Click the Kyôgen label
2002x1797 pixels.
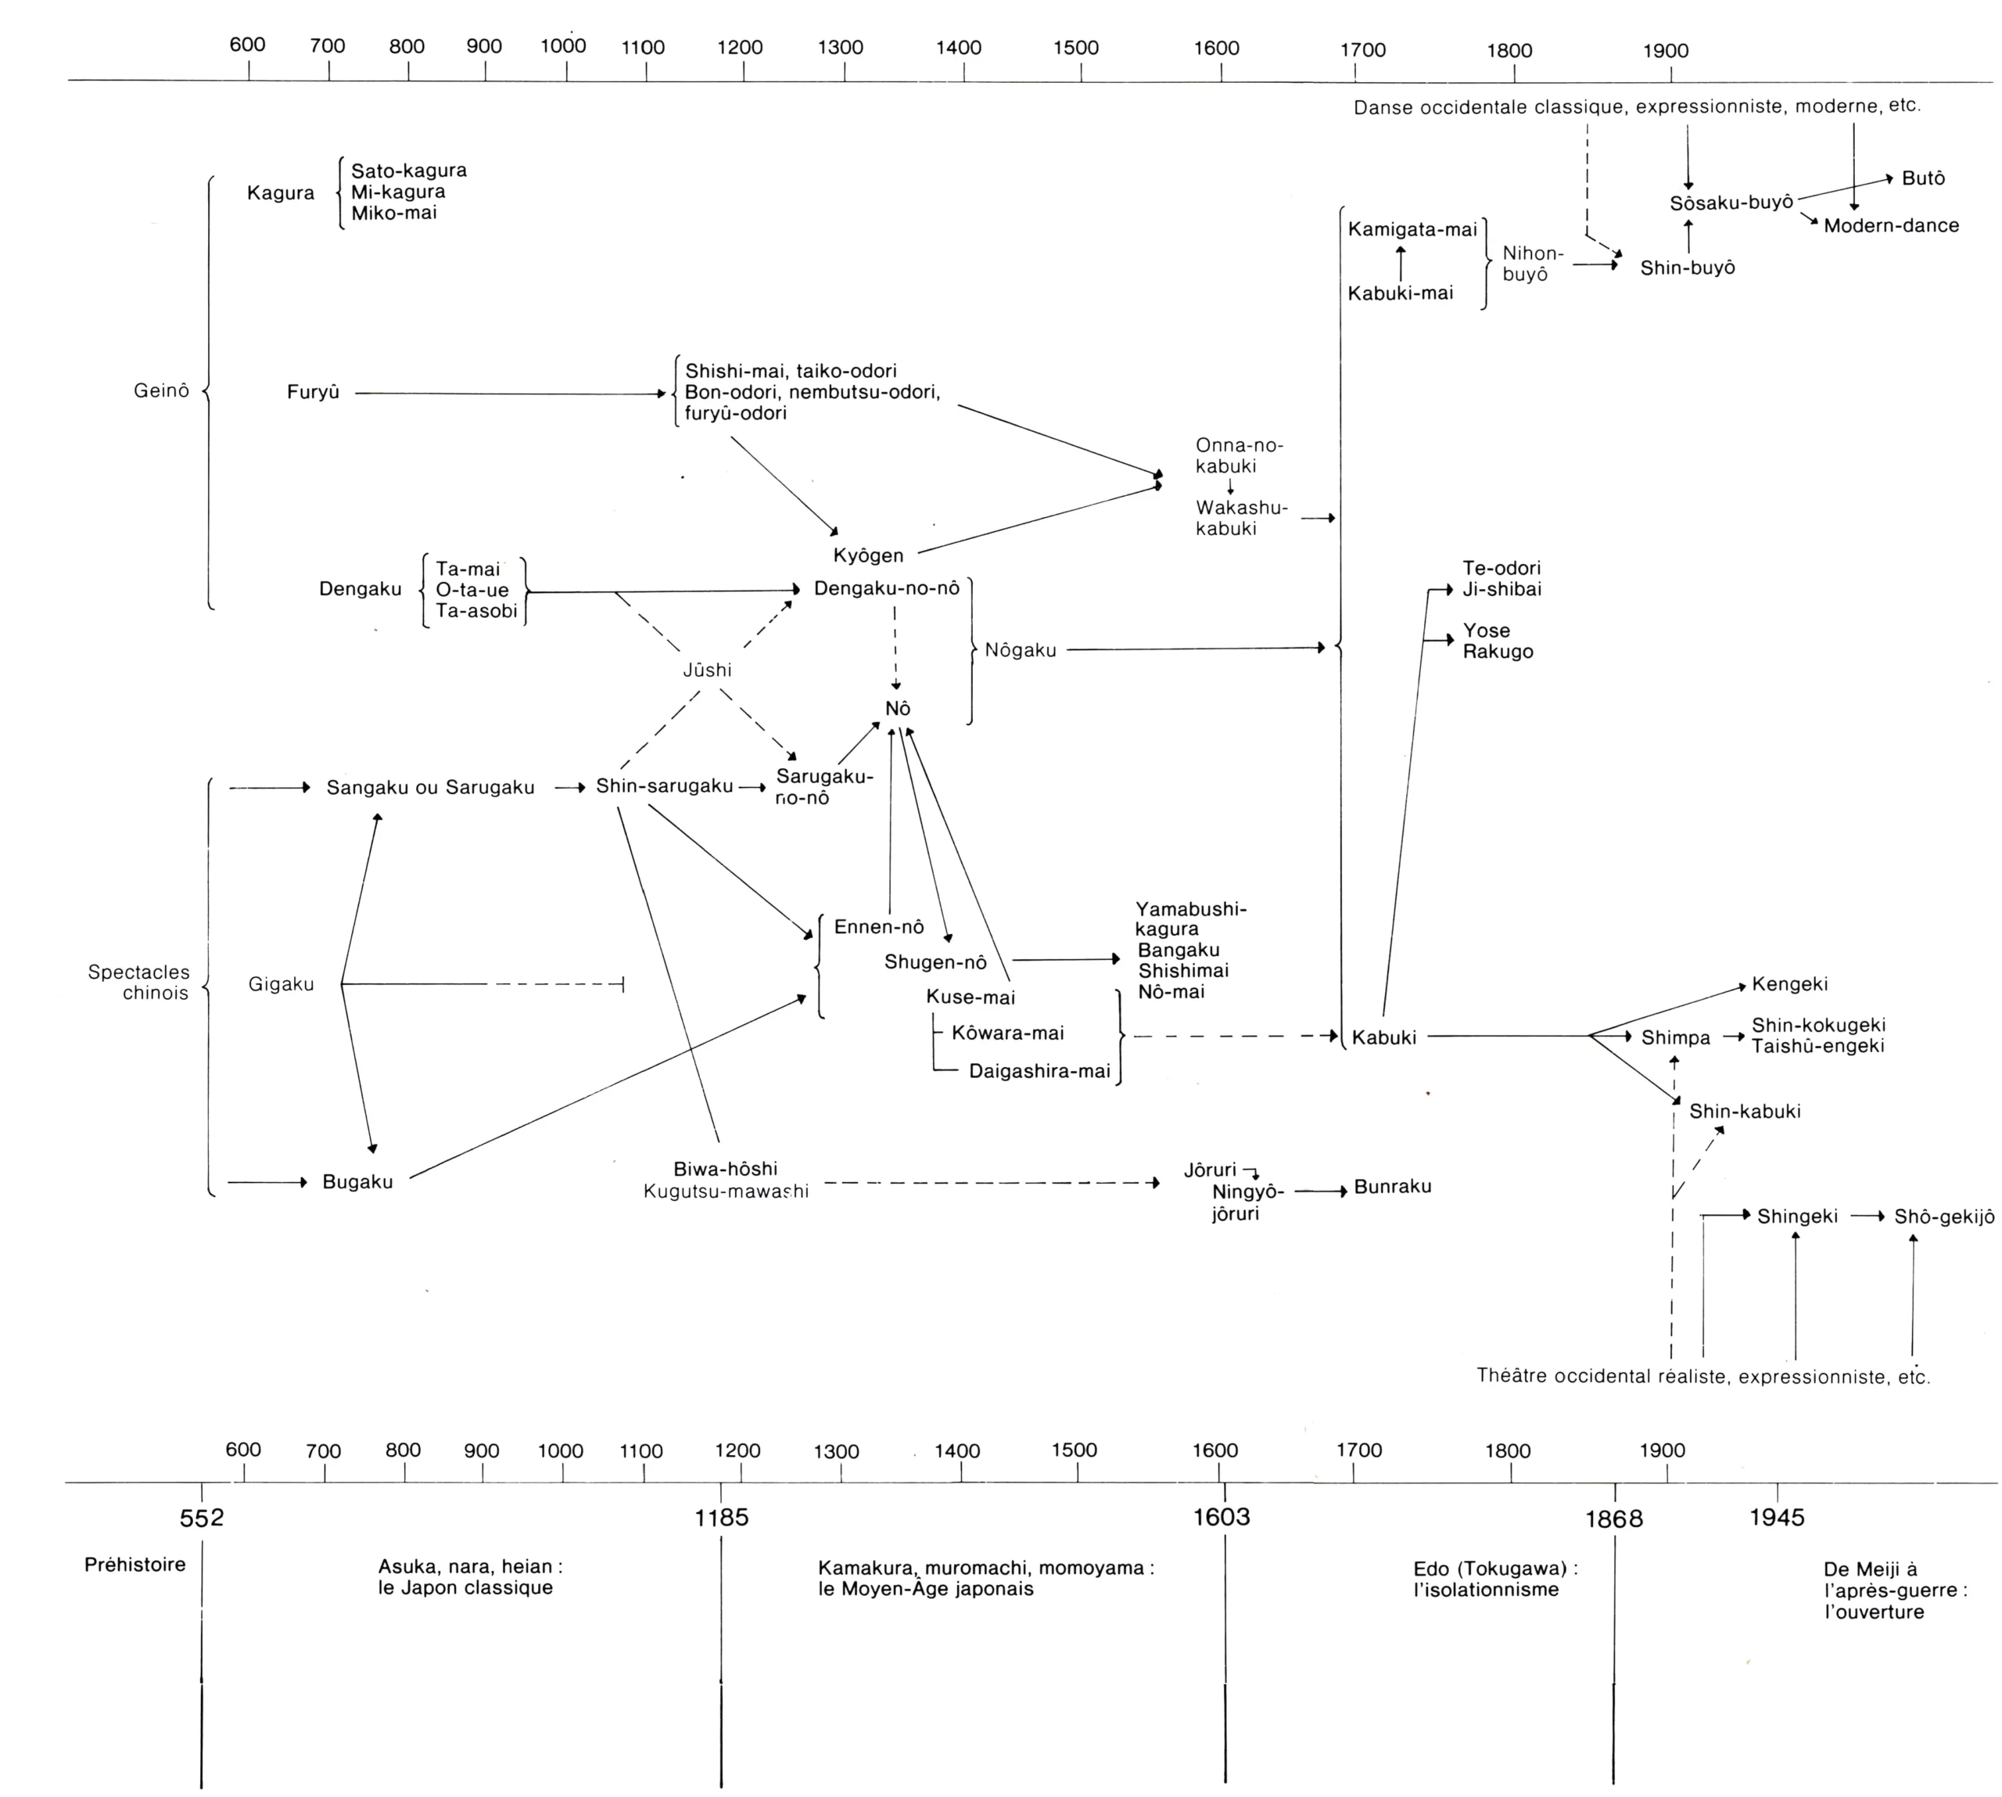point(868,556)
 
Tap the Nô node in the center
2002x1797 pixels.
point(897,709)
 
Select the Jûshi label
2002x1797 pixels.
point(707,670)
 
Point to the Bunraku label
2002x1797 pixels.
point(1392,1187)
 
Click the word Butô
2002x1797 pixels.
point(1923,178)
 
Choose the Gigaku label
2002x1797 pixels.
point(282,984)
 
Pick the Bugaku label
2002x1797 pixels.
point(357,1182)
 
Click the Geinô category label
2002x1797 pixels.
point(161,391)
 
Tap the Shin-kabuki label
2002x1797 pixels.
point(1745,1112)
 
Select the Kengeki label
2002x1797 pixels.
point(1790,984)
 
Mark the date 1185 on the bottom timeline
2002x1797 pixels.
point(722,1518)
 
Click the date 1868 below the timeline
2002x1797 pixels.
point(1614,1519)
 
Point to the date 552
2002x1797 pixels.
point(202,1518)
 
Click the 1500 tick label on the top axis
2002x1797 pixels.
point(1075,49)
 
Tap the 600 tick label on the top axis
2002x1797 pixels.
point(247,45)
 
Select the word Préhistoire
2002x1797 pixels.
point(135,1565)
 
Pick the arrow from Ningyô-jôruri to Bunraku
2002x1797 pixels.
point(1320,1191)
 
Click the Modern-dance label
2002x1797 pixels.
point(1890,226)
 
